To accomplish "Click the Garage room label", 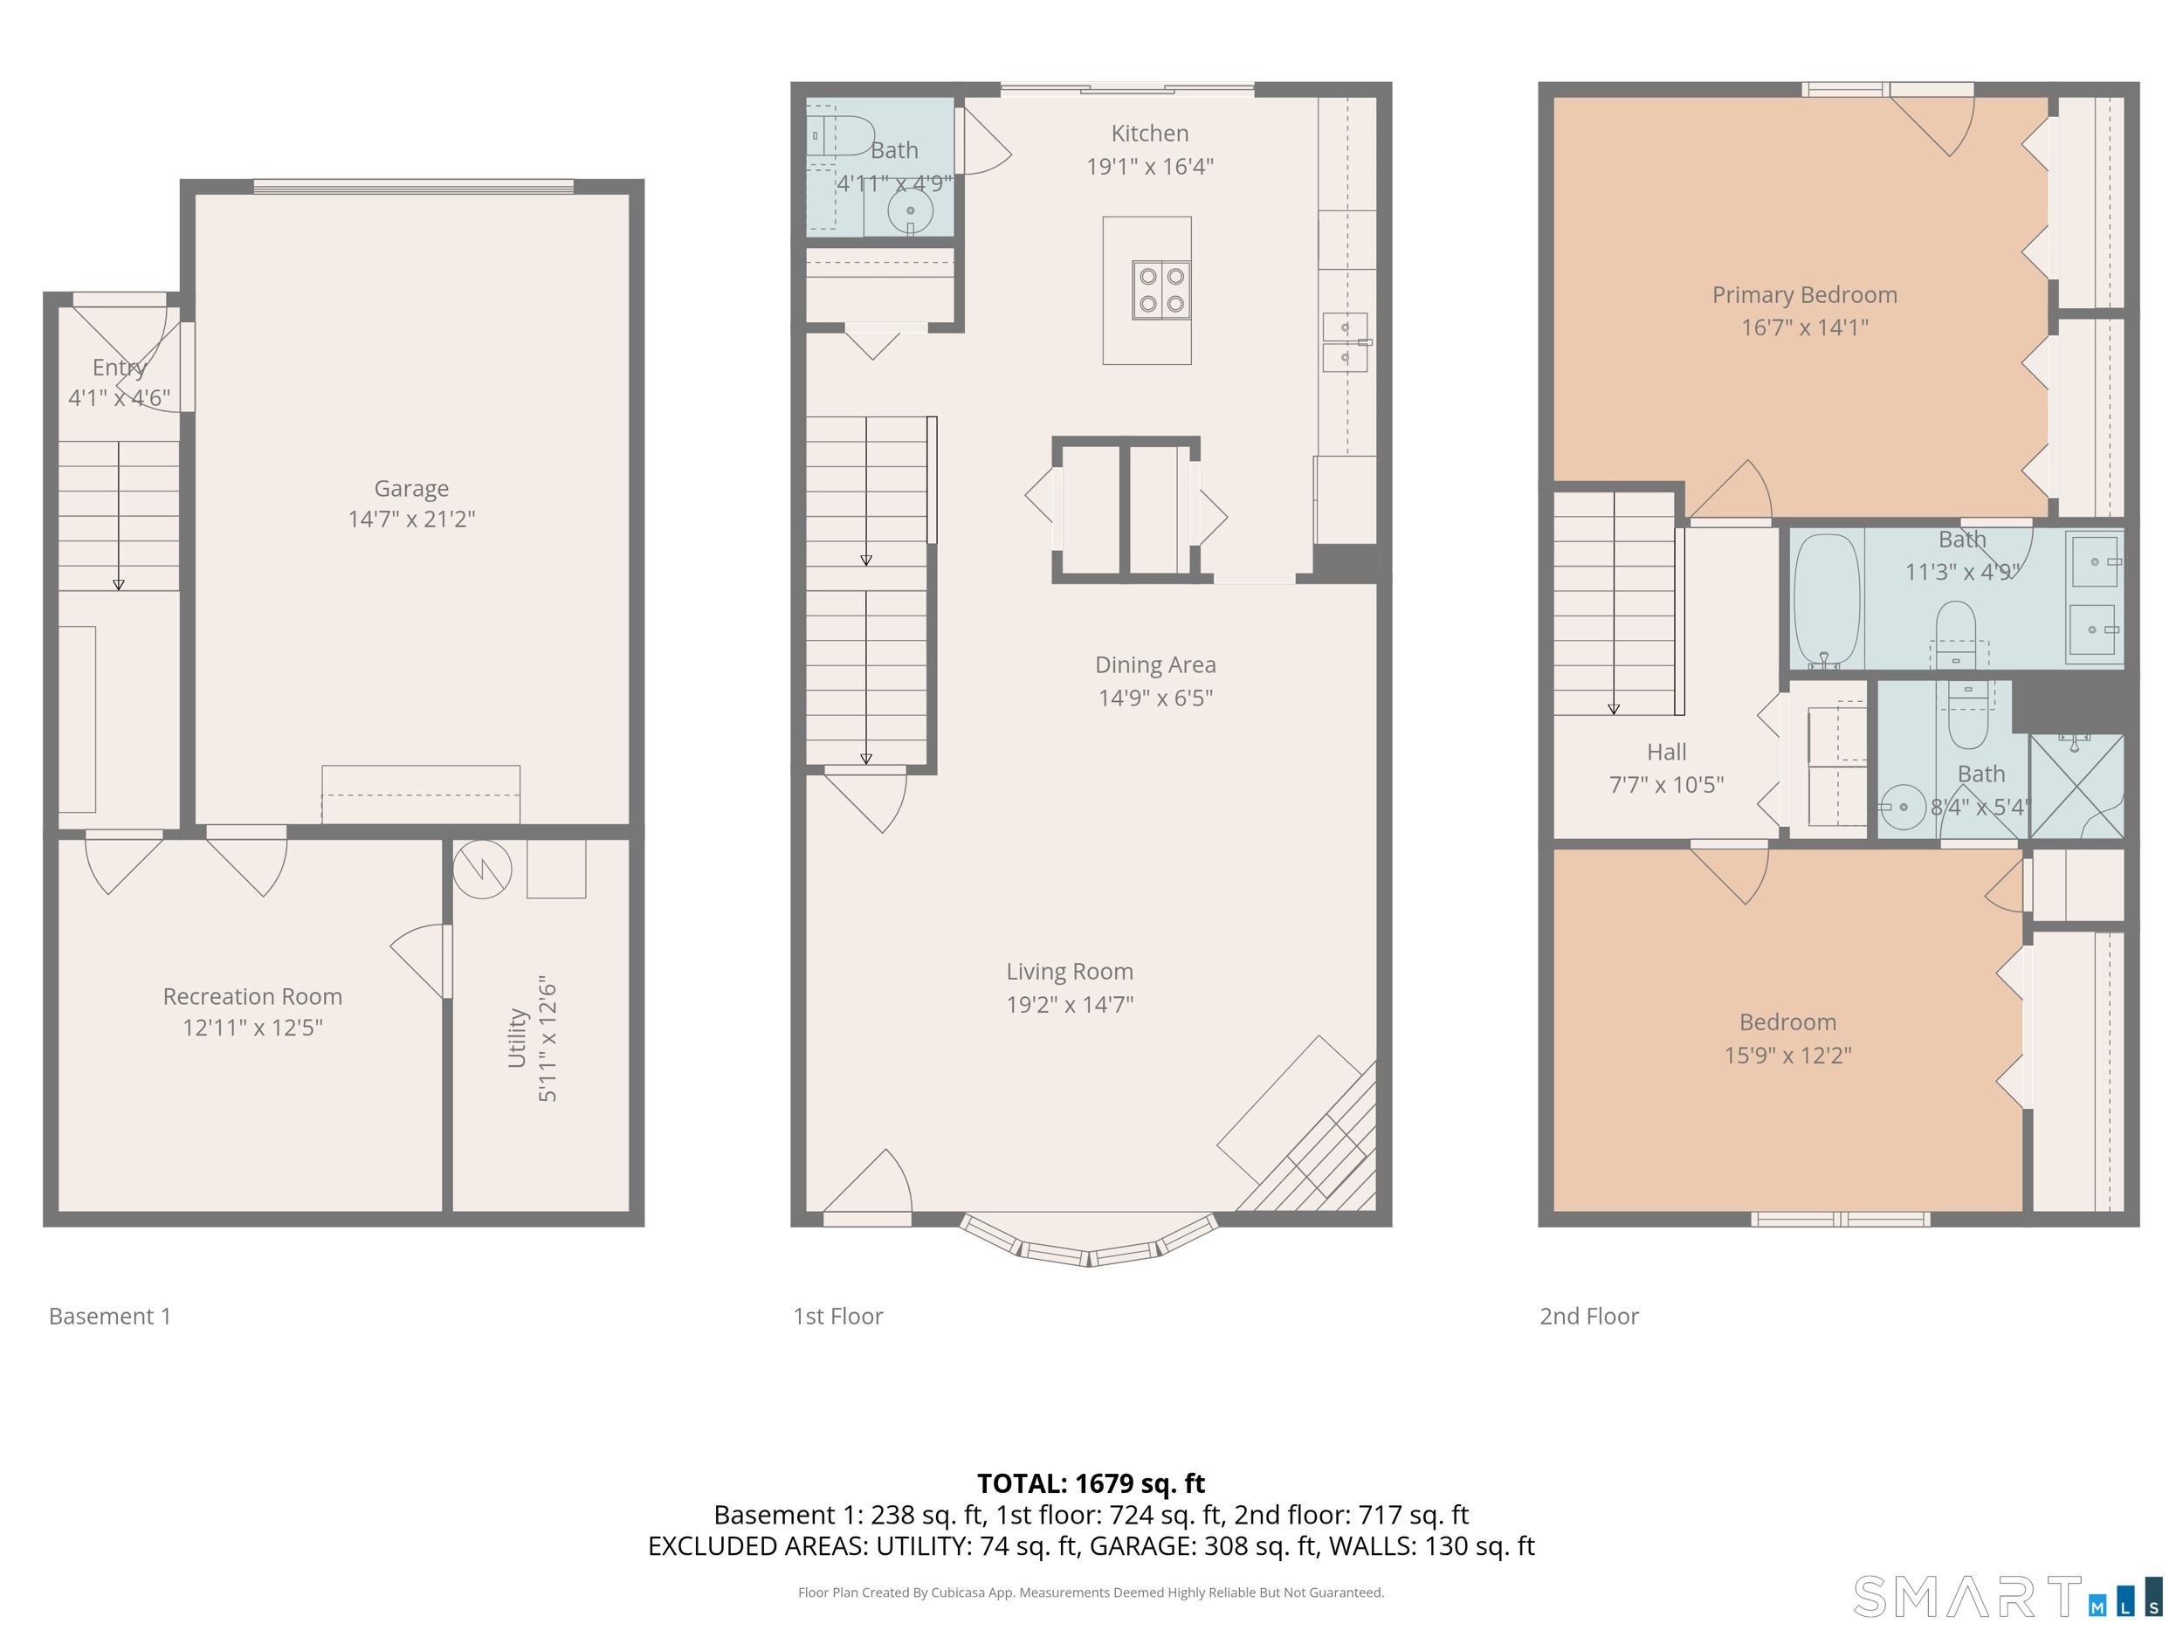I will (x=410, y=487).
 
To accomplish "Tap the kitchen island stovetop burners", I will (x=1160, y=290).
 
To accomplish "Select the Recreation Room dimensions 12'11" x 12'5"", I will (x=252, y=1028).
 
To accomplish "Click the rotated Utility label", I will (x=516, y=1037).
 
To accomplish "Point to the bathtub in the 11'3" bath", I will (x=1826, y=599).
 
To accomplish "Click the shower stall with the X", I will (x=2076, y=787).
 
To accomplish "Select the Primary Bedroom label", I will (x=1804, y=294).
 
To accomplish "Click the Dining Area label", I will (x=1154, y=665).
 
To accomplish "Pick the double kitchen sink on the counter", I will (x=1344, y=341).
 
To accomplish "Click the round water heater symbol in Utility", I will (x=482, y=869).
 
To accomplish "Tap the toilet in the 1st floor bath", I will (x=843, y=135).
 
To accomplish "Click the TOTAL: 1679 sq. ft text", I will (x=1091, y=1483).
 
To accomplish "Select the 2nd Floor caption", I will (x=1589, y=1317).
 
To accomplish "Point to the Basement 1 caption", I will (x=109, y=1317).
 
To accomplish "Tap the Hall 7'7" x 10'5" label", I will (x=1666, y=767).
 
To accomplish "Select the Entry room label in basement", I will (x=120, y=367).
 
